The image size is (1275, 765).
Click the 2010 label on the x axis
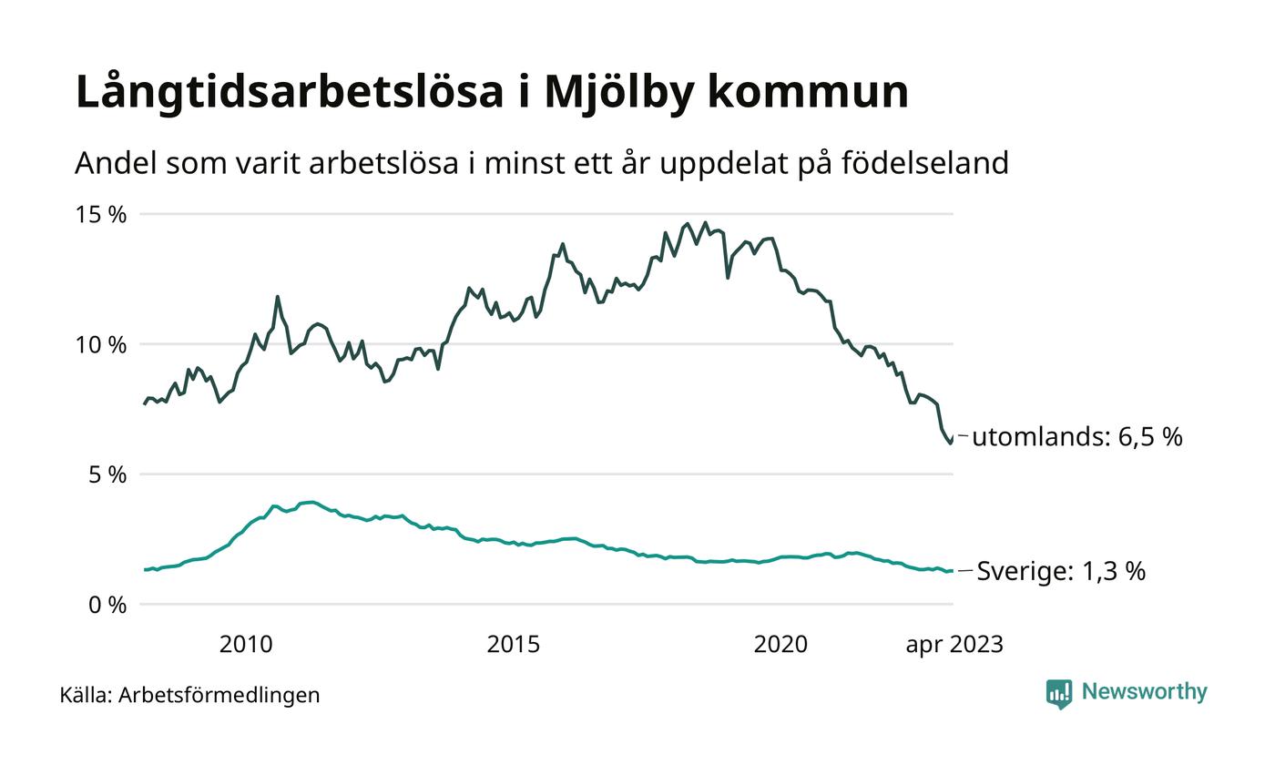pos(246,645)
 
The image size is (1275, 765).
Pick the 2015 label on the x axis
pos(513,645)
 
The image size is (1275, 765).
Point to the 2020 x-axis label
pos(780,645)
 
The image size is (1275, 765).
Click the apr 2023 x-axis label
pos(954,645)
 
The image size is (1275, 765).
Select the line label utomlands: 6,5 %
pos(1076,437)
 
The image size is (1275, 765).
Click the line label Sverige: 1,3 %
pos(1061,572)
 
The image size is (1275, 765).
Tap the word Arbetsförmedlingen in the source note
pos(219,695)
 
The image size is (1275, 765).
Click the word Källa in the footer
pos(86,695)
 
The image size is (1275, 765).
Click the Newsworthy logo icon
pos(1059,694)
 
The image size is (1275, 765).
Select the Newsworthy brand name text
pos(1144,692)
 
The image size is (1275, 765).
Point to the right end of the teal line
pos(952,571)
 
